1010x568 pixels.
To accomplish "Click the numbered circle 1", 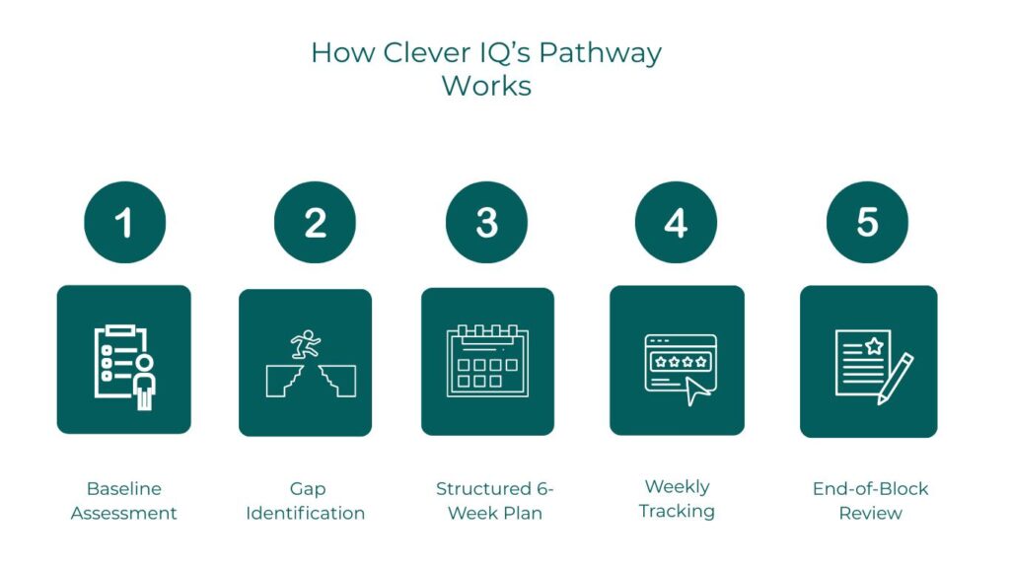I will (124, 223).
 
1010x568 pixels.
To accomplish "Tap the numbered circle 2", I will (315, 223).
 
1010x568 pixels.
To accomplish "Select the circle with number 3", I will (486, 223).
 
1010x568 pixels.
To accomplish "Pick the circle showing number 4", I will (676, 223).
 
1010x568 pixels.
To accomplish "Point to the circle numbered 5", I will (867, 223).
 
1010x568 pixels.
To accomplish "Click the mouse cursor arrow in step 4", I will (699, 391).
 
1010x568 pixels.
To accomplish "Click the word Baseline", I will (124, 489).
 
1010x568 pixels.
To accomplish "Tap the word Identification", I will (306, 514).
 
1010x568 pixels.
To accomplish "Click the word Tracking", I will (677, 511).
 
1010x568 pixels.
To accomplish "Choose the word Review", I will (871, 514).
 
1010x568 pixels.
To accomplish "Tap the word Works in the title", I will (486, 85).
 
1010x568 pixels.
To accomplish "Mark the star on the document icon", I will (873, 345).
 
